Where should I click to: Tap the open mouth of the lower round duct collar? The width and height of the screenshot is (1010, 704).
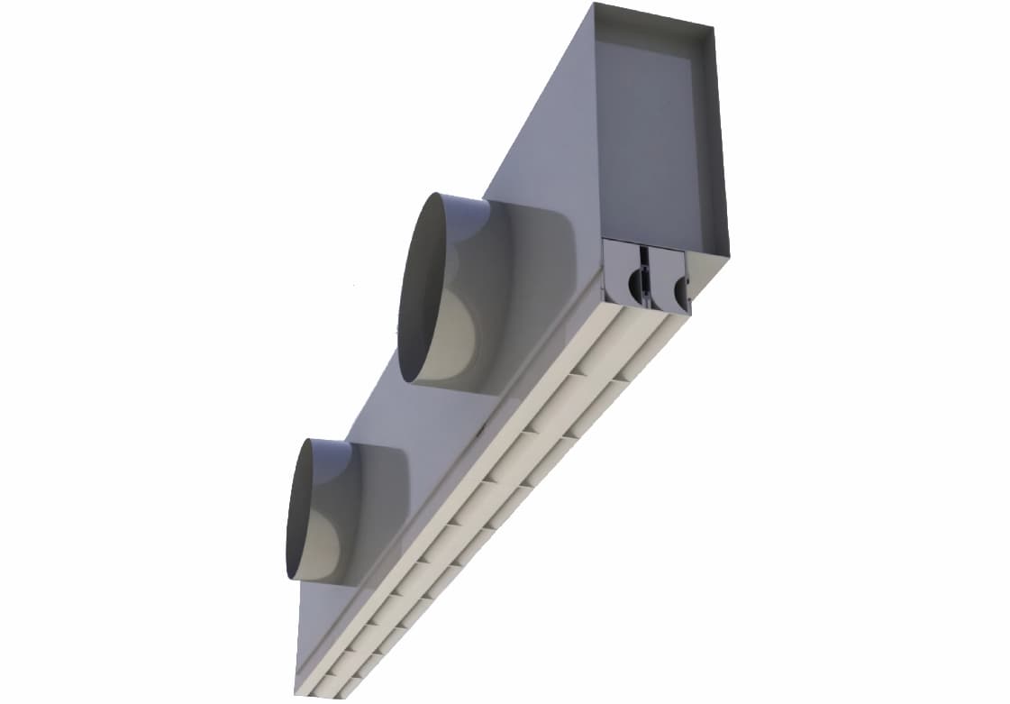tap(306, 509)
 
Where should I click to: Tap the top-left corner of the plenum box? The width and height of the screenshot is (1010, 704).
tap(593, 5)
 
